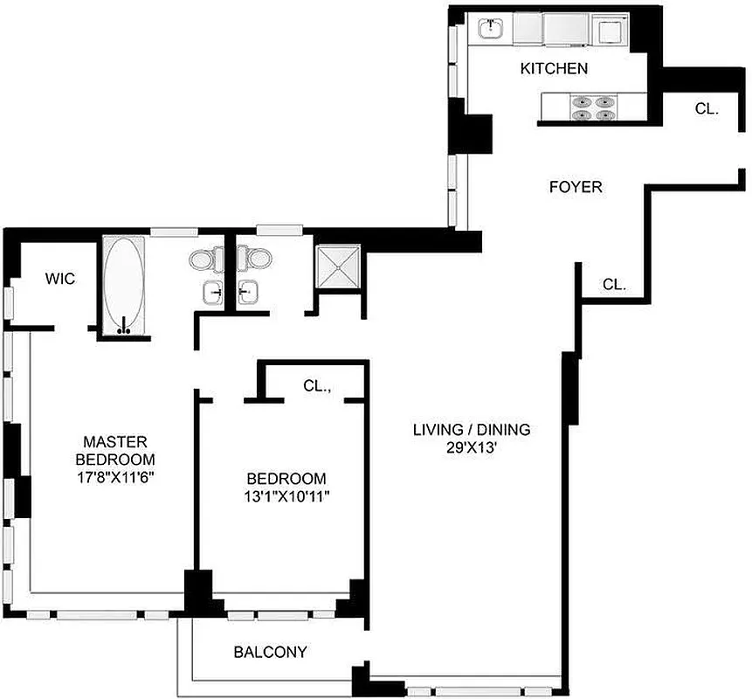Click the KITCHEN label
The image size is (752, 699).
pos(554,68)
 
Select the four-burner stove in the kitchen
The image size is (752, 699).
pos(590,107)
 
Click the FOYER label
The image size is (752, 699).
pos(575,187)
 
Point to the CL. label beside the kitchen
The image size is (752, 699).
pos(707,109)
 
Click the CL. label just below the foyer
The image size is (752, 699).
pos(614,285)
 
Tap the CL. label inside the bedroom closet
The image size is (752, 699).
pos(316,384)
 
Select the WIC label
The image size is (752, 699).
pos(60,280)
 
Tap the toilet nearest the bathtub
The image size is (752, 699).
pos(201,260)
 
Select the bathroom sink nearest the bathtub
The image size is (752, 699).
pos(210,294)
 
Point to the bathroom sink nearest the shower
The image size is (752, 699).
pos(251,294)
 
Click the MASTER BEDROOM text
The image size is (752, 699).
pos(115,450)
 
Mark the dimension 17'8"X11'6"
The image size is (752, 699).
pos(115,478)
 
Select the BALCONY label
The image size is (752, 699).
pos(270,652)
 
